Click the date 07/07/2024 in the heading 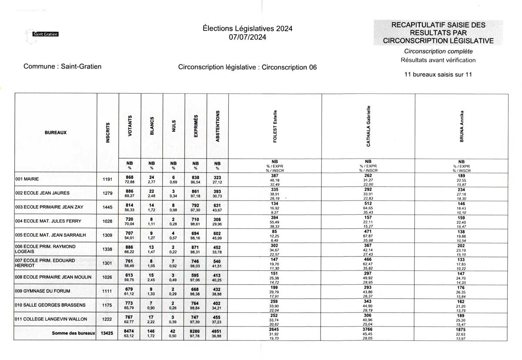tap(248, 37)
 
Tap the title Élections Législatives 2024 tap(248, 28)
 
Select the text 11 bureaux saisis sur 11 tap(438, 74)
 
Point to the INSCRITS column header tap(108, 133)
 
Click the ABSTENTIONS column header tap(217, 126)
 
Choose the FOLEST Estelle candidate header tap(275, 126)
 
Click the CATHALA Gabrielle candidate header tap(368, 126)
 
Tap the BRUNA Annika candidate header tap(462, 126)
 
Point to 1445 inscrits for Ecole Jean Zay tap(107, 207)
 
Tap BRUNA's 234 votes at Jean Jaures tap(462, 190)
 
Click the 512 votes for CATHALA tap(368, 203)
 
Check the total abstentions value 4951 tap(217, 330)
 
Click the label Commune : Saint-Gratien tap(63, 67)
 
